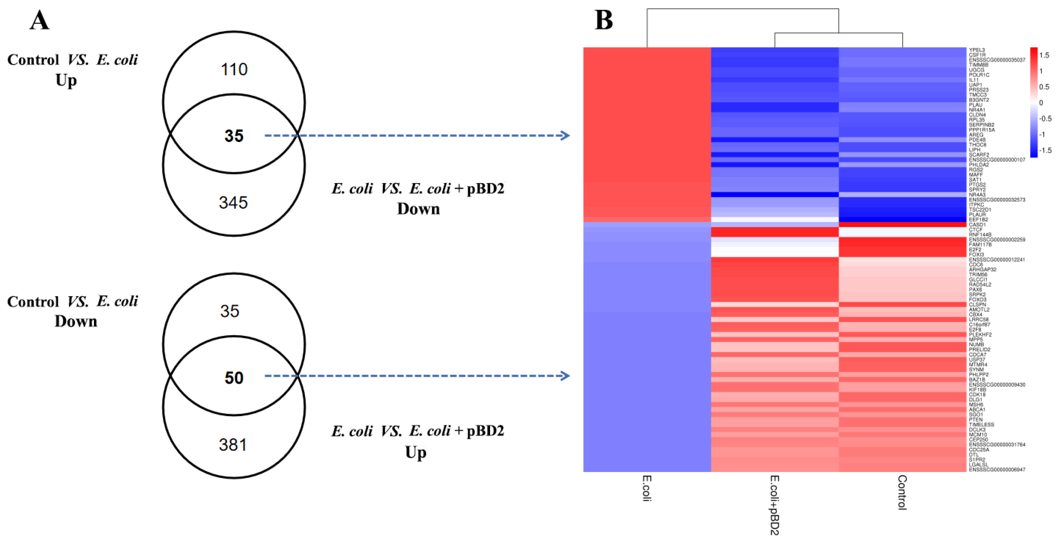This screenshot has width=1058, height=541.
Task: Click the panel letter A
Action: pyautogui.click(x=40, y=21)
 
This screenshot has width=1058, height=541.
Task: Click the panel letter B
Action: pyautogui.click(x=603, y=20)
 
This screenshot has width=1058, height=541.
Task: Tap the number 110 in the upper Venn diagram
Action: pyautogui.click(x=234, y=69)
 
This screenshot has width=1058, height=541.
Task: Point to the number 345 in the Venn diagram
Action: pyautogui.click(x=233, y=202)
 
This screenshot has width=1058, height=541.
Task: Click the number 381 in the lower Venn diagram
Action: pyautogui.click(x=233, y=445)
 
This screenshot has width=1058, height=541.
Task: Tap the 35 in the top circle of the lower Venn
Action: pyautogui.click(x=230, y=311)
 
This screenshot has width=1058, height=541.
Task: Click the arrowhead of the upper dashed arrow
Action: pyautogui.click(x=566, y=135)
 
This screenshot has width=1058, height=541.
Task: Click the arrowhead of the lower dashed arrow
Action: pyautogui.click(x=566, y=376)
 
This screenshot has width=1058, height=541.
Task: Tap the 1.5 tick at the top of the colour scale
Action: pyautogui.click(x=1044, y=55)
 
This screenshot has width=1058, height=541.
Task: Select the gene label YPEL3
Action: pyautogui.click(x=977, y=50)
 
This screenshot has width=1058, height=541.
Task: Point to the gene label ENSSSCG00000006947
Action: pyautogui.click(x=997, y=469)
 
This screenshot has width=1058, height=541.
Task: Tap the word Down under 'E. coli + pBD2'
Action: pyautogui.click(x=418, y=209)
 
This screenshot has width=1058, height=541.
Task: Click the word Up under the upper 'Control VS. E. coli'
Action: pyautogui.click(x=66, y=80)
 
